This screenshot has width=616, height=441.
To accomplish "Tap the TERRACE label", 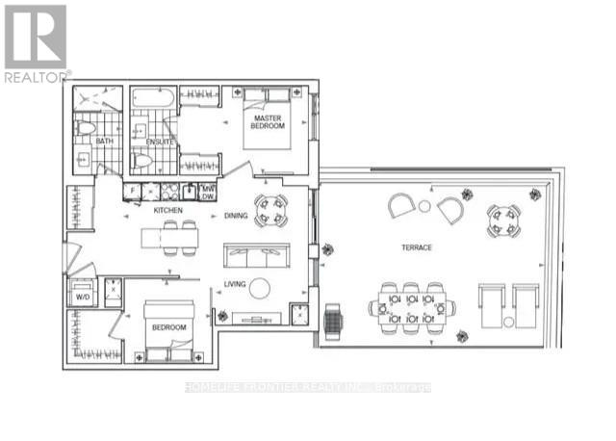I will [x=417, y=247].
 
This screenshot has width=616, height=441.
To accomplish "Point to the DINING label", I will [x=237, y=216].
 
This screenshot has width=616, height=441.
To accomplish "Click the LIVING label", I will [x=236, y=283].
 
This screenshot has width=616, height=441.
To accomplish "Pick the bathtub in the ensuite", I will [x=153, y=98].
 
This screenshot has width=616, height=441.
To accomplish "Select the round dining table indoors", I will [x=270, y=210].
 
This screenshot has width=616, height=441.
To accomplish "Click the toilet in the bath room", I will [x=84, y=128].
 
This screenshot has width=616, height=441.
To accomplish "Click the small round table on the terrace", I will [x=423, y=205].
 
